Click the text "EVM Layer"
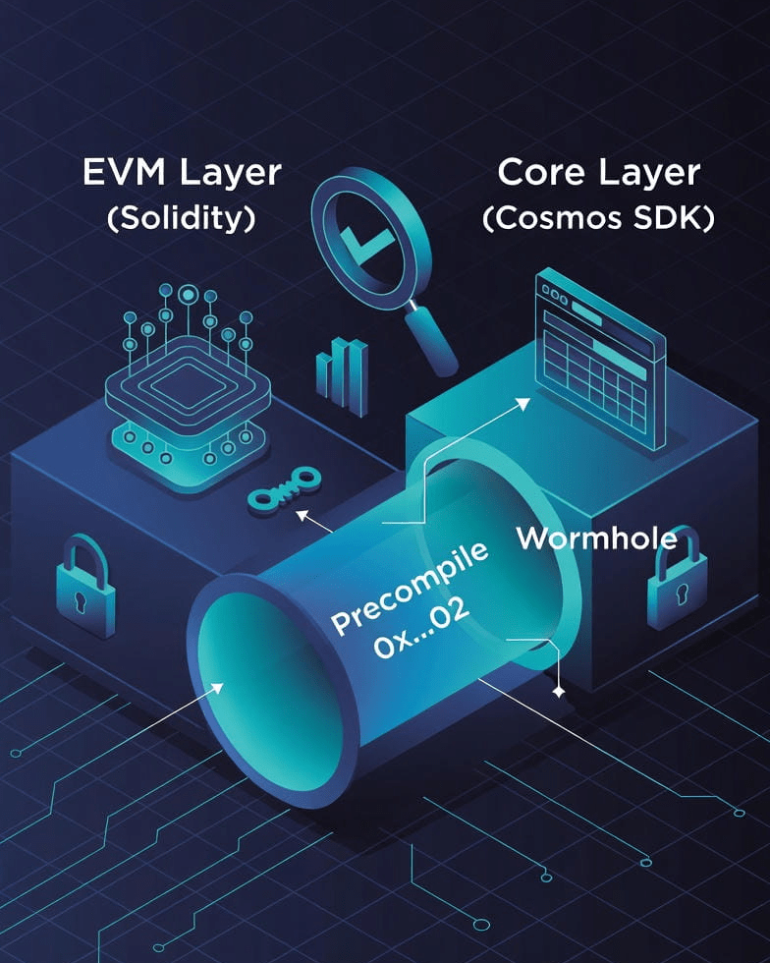182,173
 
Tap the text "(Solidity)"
182,218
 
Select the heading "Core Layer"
598,173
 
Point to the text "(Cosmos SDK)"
598,218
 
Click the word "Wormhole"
596,538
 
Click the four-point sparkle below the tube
559,693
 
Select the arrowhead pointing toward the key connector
302,513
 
